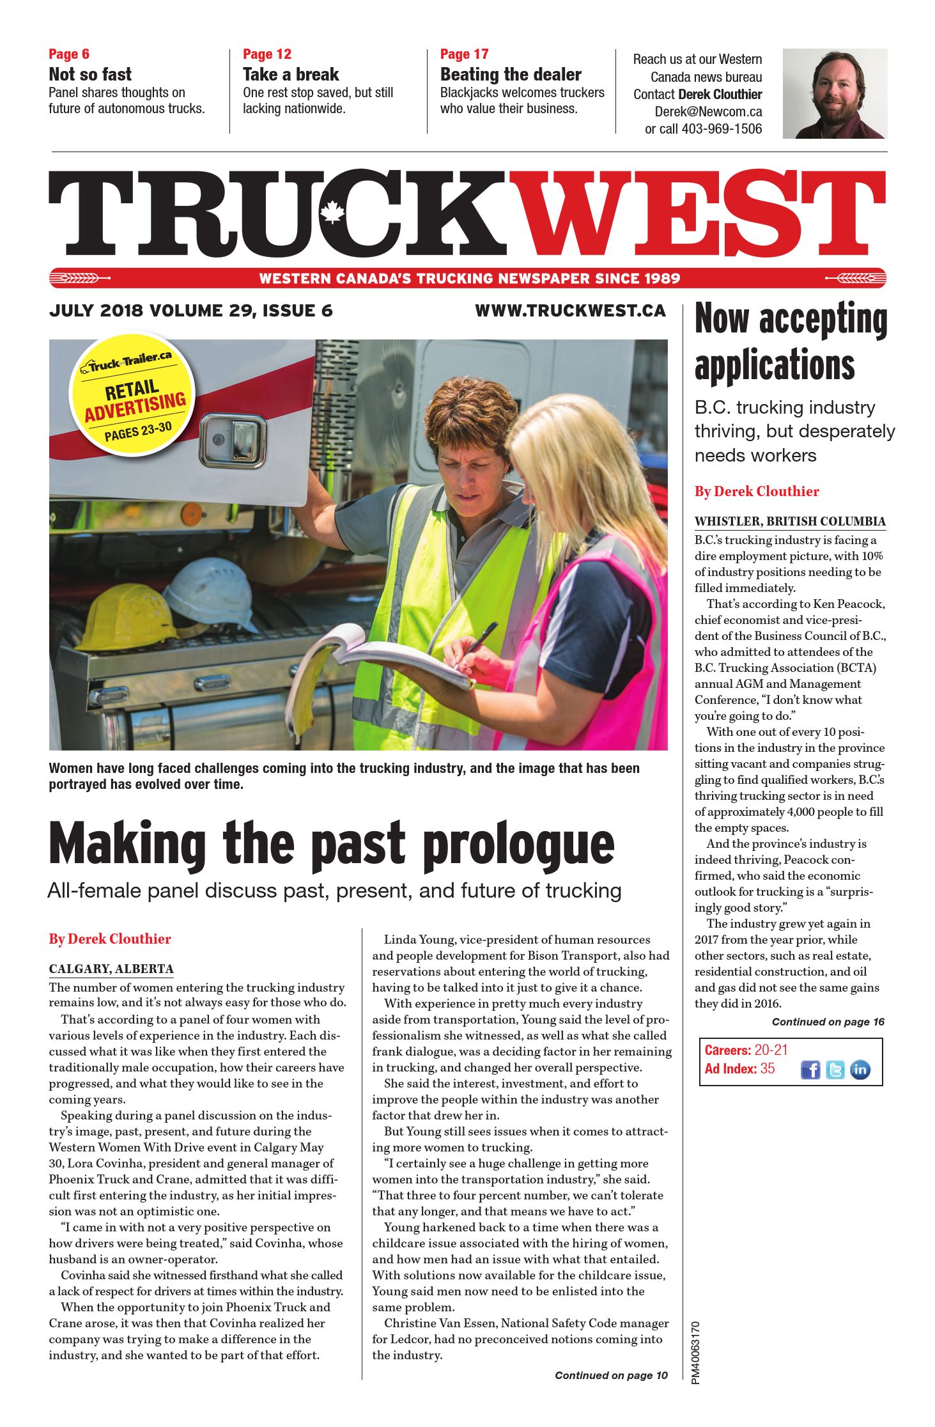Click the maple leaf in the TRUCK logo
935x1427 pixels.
(332, 212)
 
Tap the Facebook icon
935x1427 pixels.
(810, 1070)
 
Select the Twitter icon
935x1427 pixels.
(835, 1070)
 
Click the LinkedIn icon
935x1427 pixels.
(860, 1070)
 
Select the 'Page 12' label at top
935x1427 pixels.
(267, 54)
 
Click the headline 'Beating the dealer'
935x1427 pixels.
(510, 75)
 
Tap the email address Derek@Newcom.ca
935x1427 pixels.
(708, 112)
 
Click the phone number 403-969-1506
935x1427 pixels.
(722, 129)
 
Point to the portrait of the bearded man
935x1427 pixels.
(834, 93)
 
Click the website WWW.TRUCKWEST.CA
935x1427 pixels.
(570, 311)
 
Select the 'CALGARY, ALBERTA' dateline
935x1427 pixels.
(111, 969)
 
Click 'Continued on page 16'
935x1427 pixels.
(828, 1022)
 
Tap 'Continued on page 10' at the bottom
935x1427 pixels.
(610, 1375)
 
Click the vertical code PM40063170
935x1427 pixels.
(696, 1352)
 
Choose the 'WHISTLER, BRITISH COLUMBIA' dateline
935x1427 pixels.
(790, 521)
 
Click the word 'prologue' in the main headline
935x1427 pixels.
(518, 845)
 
